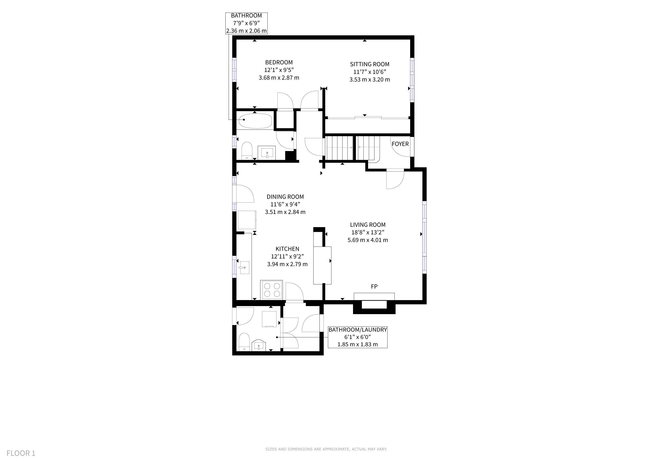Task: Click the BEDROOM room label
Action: click(x=279, y=62)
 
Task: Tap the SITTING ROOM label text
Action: click(x=369, y=64)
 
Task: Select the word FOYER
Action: click(x=400, y=144)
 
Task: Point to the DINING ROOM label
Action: click(x=285, y=197)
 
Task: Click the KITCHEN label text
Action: click(x=287, y=249)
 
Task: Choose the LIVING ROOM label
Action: click(x=368, y=225)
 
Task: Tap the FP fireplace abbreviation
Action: click(x=374, y=287)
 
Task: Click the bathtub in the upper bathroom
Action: click(x=255, y=121)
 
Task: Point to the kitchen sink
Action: click(x=244, y=268)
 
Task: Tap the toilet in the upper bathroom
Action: click(x=247, y=151)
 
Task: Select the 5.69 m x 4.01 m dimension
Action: click(x=368, y=240)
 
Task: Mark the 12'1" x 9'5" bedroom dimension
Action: click(x=279, y=70)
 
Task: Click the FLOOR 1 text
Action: click(x=21, y=453)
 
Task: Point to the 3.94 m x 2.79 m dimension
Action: click(x=287, y=264)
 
